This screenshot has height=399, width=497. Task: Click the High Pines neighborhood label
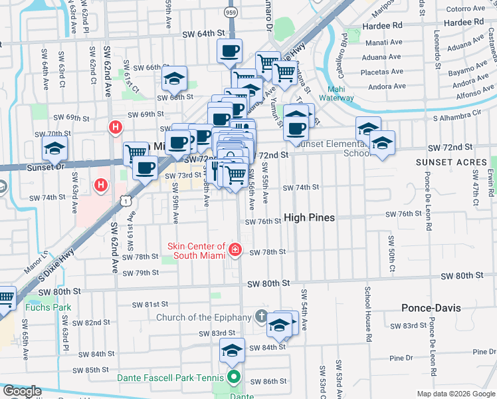309,217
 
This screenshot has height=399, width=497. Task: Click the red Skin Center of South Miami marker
235,250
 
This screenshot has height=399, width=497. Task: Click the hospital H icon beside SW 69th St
116,126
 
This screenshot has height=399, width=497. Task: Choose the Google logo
22,391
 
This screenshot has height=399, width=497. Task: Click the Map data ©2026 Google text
455,394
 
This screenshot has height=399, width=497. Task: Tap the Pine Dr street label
401,358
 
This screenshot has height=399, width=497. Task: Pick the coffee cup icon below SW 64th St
230,51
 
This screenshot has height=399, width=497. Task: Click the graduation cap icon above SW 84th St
231,350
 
